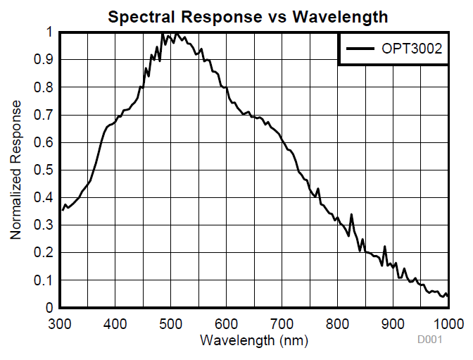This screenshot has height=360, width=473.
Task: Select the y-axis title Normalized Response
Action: click(x=15, y=170)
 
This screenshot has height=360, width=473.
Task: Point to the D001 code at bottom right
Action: click(x=430, y=340)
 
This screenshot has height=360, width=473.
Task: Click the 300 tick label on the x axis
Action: click(x=60, y=323)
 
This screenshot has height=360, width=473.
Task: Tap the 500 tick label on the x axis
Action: click(x=170, y=323)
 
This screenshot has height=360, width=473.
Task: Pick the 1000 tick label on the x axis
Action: click(x=446, y=323)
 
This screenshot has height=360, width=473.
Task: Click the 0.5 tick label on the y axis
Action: click(x=44, y=170)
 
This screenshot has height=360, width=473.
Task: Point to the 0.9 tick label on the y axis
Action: click(x=44, y=60)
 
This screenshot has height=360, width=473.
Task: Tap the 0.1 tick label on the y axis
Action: click(x=44, y=280)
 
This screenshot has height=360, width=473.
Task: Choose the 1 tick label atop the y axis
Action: click(x=49, y=32)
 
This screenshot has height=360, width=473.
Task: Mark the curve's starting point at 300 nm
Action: click(x=63, y=210)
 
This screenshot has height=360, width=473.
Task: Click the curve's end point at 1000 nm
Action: click(x=448, y=297)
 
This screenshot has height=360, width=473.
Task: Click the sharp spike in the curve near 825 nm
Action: click(x=351, y=215)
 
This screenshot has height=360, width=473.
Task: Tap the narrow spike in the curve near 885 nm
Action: click(x=384, y=247)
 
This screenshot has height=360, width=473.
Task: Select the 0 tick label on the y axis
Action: click(x=49, y=308)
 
